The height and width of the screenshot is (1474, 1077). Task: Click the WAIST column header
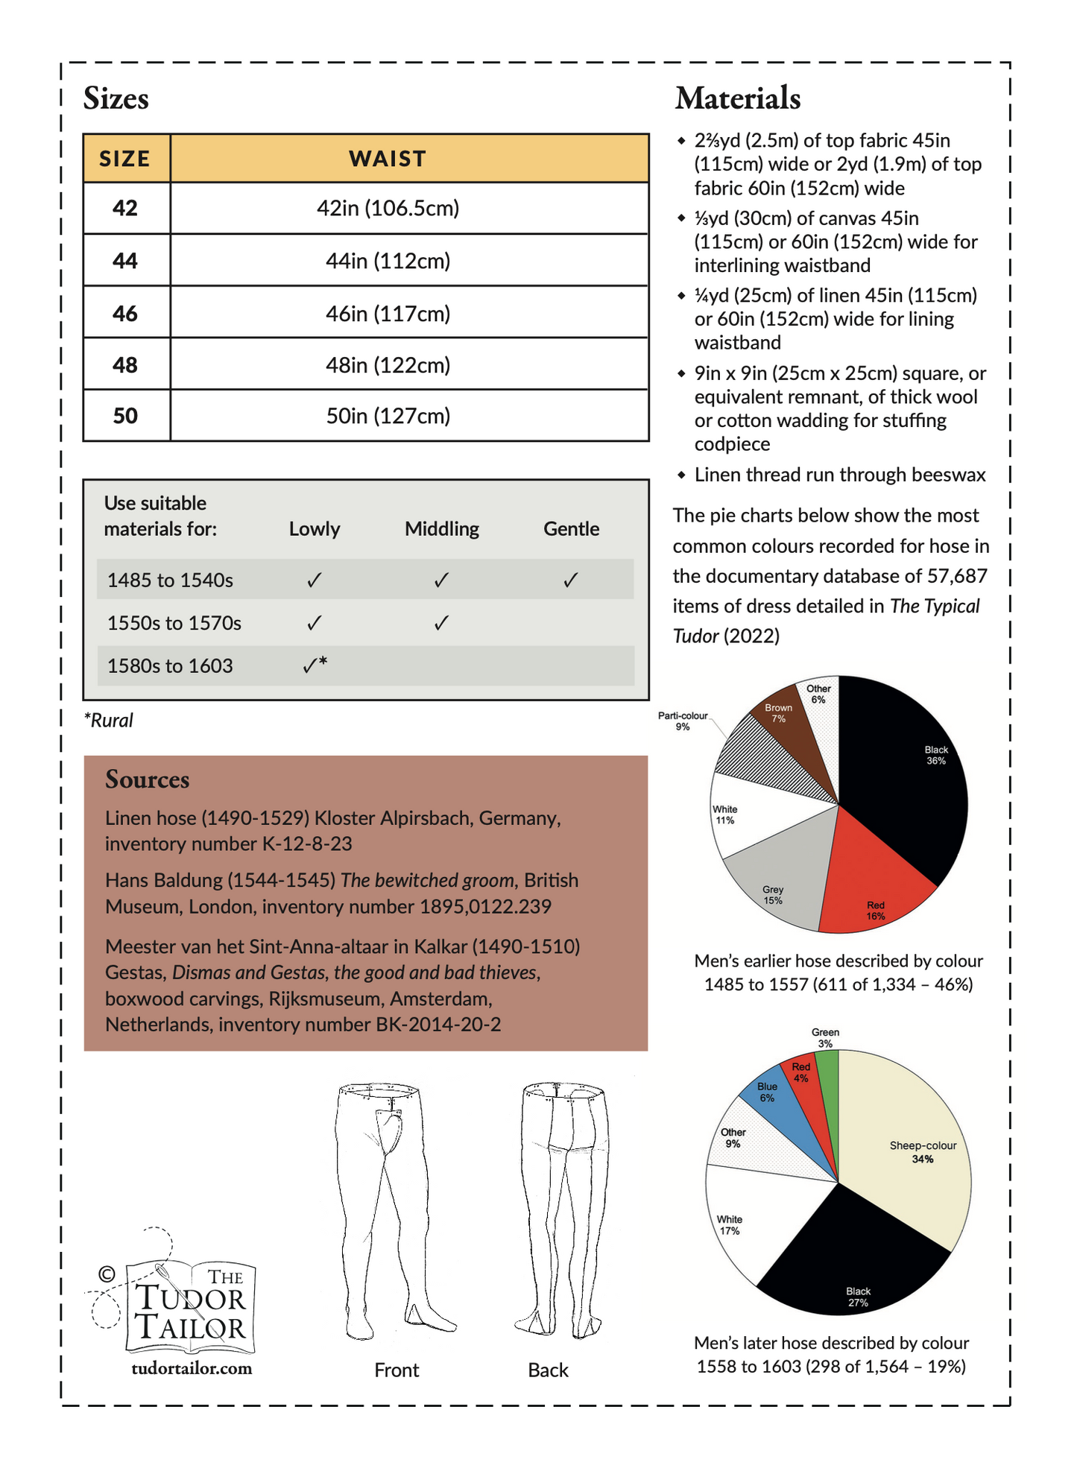point(388,159)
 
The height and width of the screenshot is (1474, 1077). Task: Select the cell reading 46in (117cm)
point(388,314)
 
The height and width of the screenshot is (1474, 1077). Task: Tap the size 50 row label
point(125,416)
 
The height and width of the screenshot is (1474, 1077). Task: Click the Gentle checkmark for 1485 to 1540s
point(571,580)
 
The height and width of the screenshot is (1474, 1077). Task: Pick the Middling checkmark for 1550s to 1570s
point(441,623)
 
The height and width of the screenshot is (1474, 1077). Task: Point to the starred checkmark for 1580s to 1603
point(315,665)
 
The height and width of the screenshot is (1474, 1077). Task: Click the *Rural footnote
point(109,721)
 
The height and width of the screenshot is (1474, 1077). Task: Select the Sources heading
point(148,779)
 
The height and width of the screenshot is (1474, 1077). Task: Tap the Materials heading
point(738,98)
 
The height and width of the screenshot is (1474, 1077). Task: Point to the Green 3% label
point(825,1037)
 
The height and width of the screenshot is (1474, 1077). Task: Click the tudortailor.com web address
point(192,1368)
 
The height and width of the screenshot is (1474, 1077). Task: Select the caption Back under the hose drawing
point(548,1370)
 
